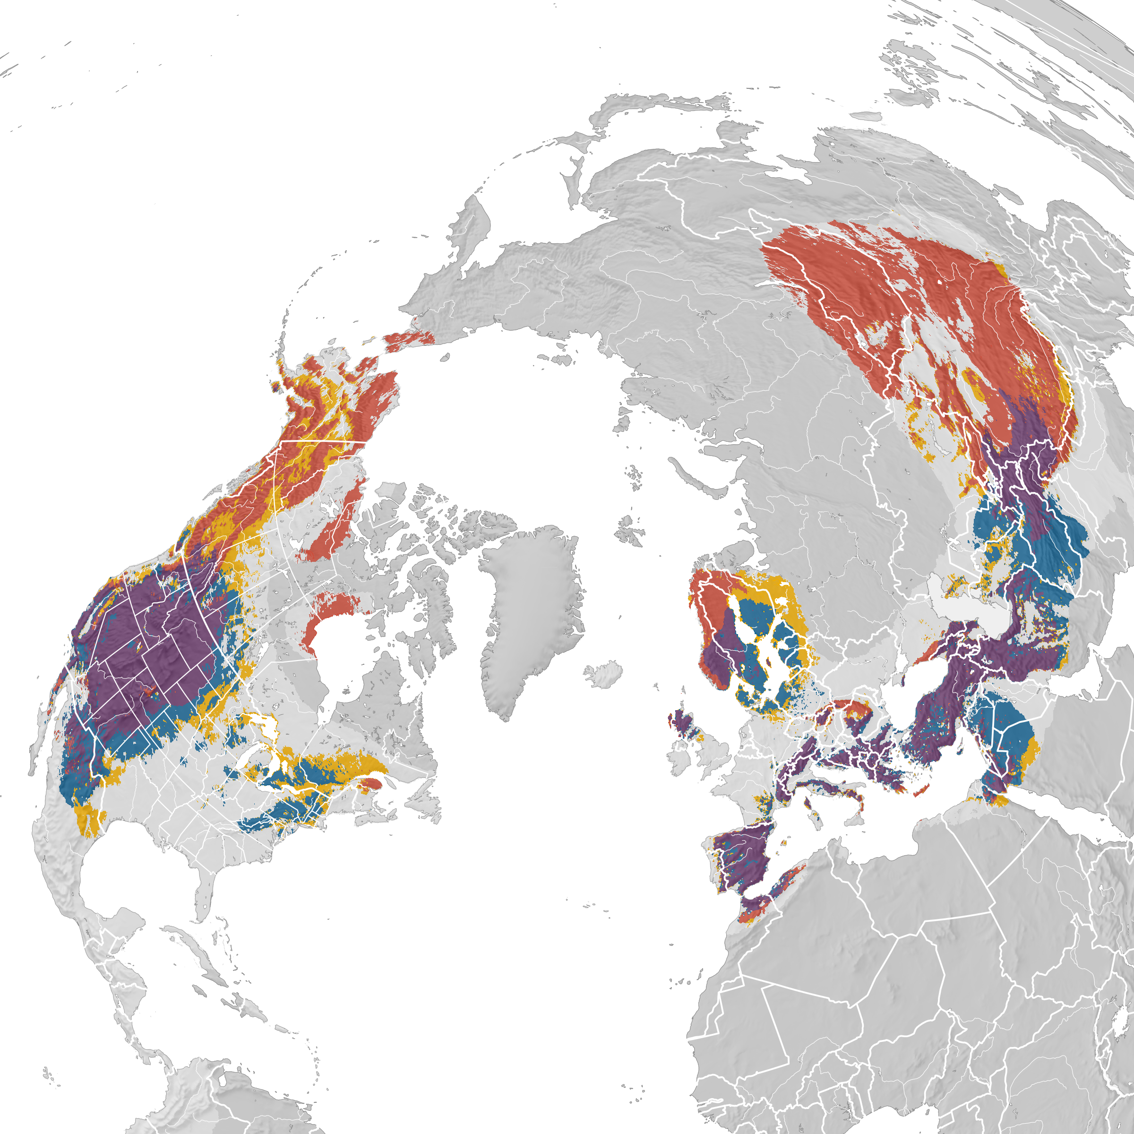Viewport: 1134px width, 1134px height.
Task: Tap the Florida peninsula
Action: pyautogui.click(x=203, y=898)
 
